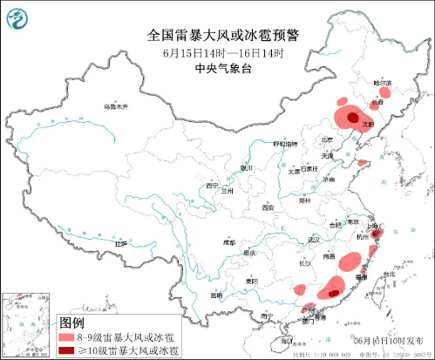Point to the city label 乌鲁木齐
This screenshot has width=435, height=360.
pyautogui.click(x=115, y=106)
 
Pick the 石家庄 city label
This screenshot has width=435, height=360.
pyautogui.click(x=304, y=168)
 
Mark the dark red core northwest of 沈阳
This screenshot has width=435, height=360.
pyautogui.click(x=352, y=116)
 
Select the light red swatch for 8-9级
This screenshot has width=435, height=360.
pyautogui.click(x=66, y=336)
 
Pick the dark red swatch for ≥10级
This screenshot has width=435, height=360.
pyautogui.click(x=66, y=350)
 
